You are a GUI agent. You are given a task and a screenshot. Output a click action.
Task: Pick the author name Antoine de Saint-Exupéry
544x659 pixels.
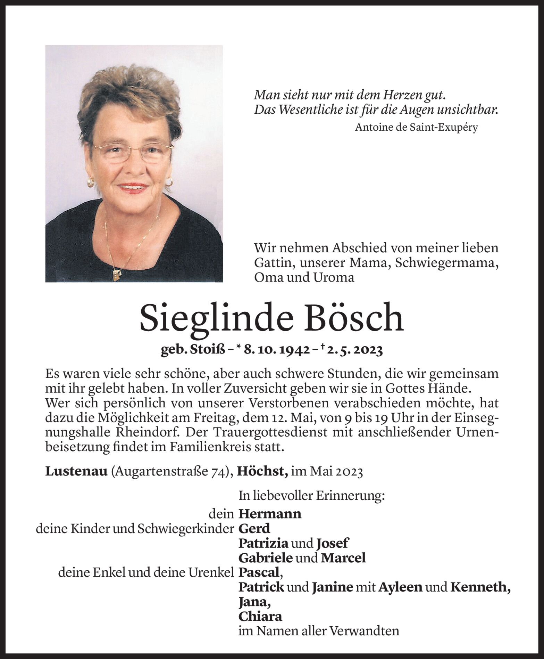tap(416, 128)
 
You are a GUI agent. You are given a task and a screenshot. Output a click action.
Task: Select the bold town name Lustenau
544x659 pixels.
tap(76, 472)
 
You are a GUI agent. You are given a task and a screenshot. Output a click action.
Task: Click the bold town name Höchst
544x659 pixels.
tap(262, 472)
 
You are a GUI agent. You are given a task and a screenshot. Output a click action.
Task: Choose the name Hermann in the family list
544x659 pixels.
tap(270, 514)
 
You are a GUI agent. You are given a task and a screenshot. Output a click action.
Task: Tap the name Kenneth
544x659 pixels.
tap(480, 587)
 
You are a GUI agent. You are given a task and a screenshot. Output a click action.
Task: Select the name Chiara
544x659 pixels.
tap(260, 616)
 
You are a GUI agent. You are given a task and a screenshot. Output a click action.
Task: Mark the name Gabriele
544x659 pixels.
tap(266, 558)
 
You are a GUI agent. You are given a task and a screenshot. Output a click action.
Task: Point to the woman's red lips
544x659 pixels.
tap(133, 188)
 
